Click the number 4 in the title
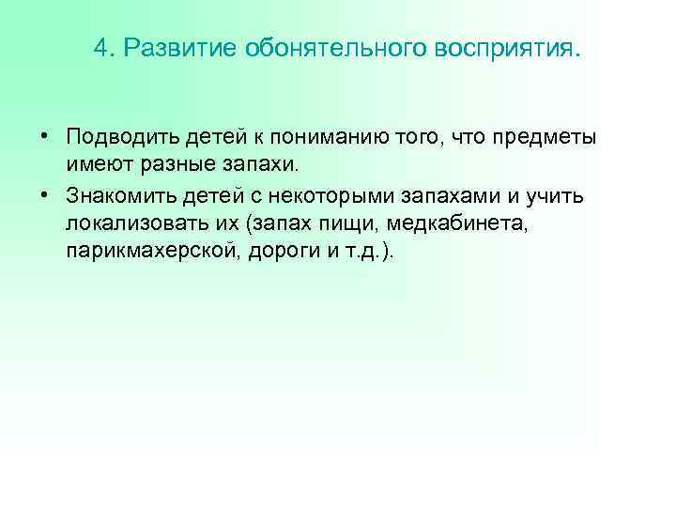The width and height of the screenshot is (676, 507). click(100, 48)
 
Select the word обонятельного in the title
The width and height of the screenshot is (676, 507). click(311, 48)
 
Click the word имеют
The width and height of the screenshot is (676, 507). click(96, 167)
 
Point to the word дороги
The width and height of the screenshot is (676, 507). click(283, 254)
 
